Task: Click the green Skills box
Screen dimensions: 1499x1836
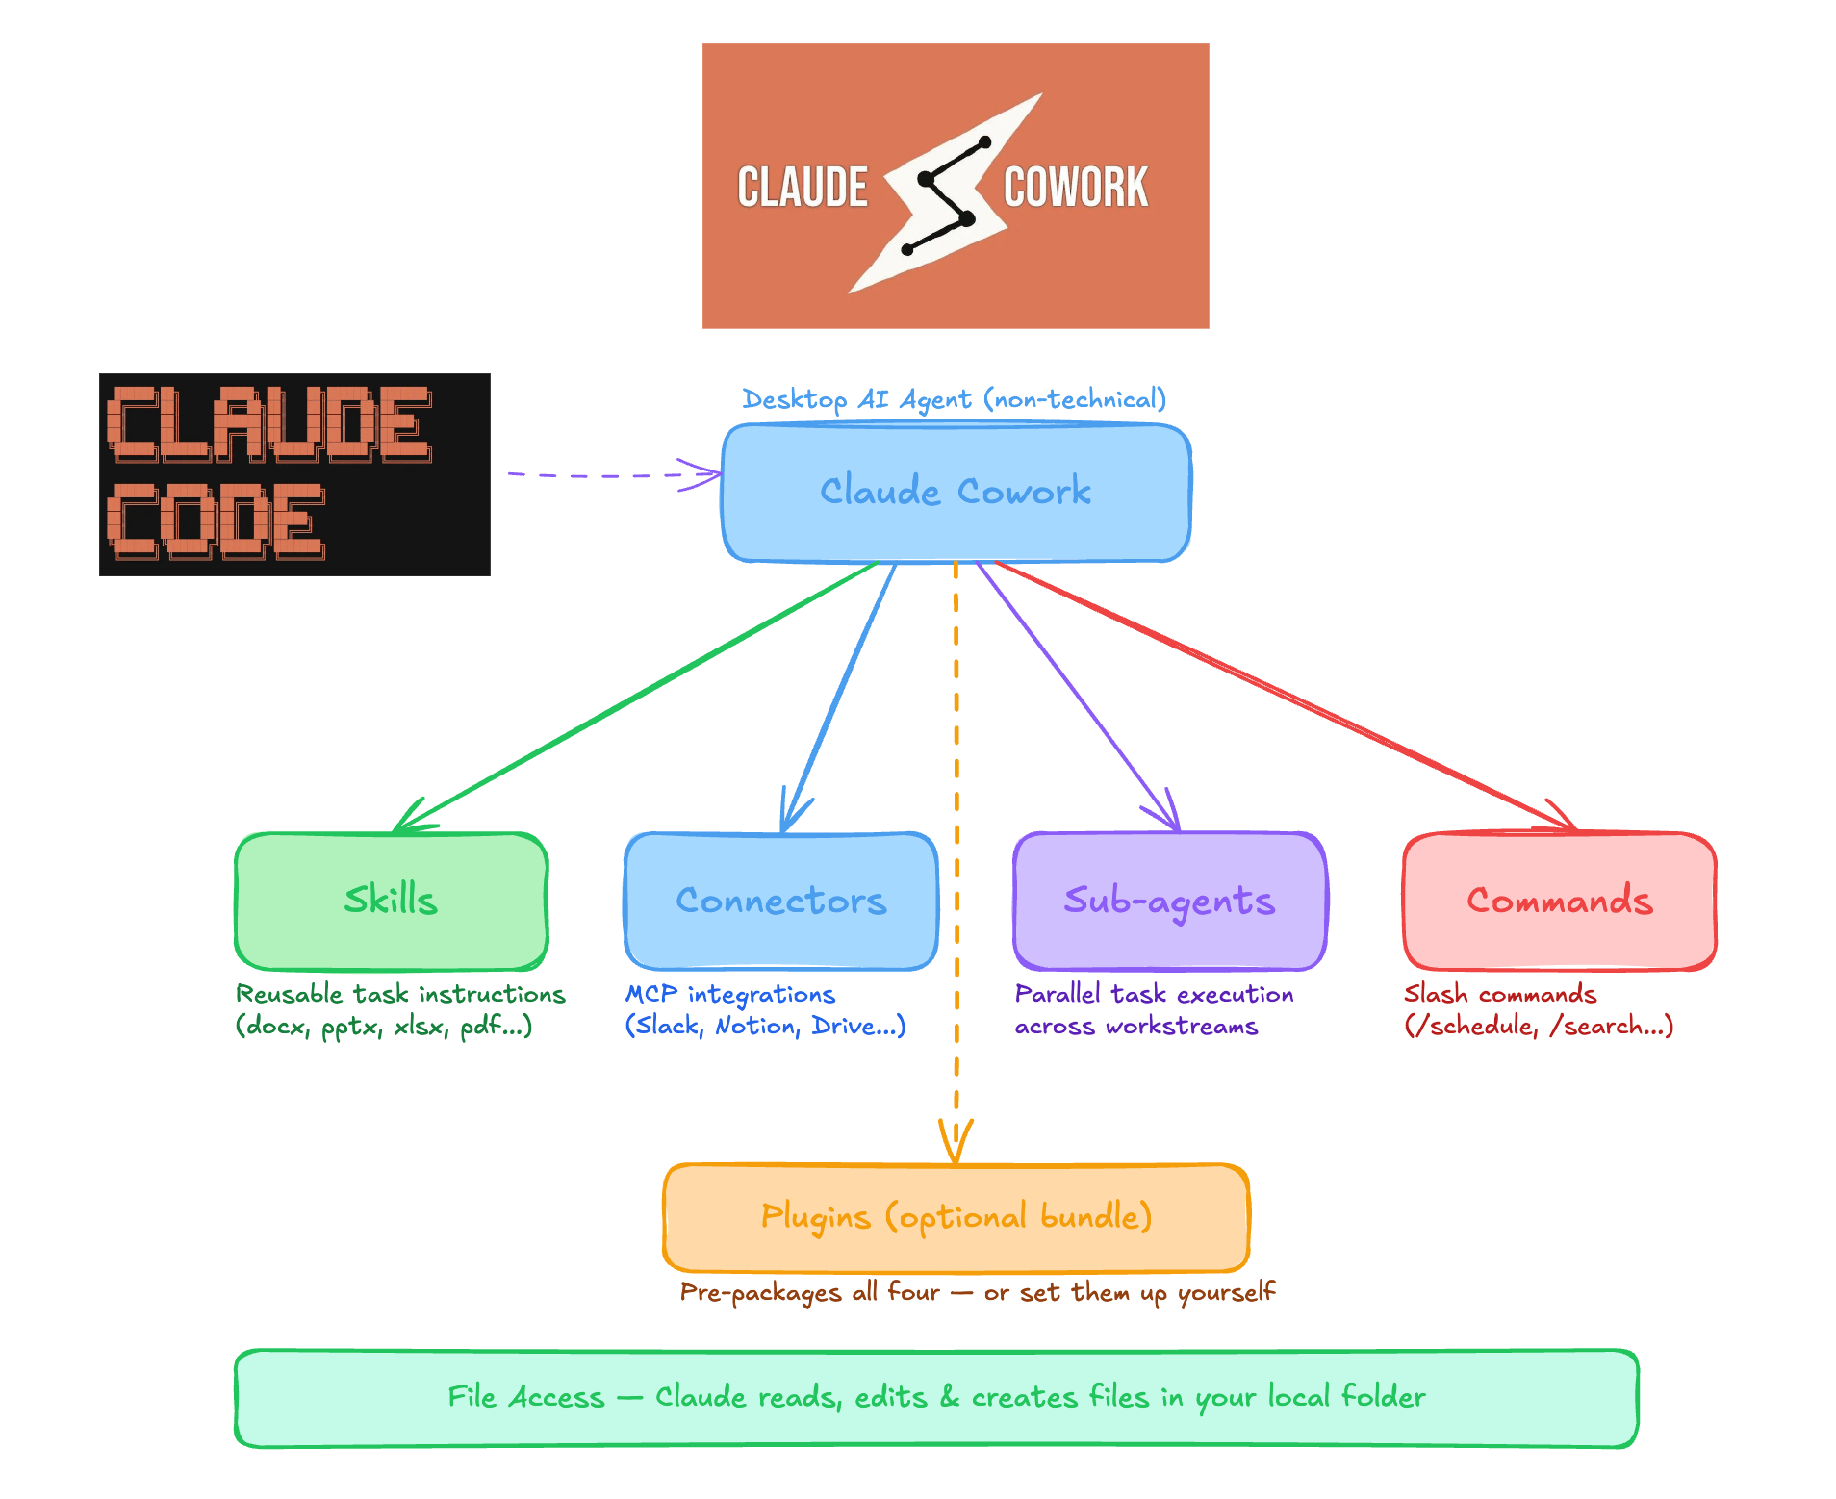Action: tap(392, 901)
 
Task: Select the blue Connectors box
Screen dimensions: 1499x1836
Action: tap(780, 901)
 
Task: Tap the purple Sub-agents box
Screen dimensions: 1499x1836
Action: tap(1169, 901)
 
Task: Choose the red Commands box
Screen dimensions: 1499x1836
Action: tap(1559, 901)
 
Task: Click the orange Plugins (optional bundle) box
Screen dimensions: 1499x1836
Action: tap(956, 1217)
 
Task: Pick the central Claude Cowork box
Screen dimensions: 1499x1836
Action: tap(956, 492)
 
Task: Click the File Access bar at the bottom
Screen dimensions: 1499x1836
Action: tap(936, 1397)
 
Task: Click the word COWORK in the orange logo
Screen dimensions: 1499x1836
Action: tap(1076, 187)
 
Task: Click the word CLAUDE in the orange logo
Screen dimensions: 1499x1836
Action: tap(803, 187)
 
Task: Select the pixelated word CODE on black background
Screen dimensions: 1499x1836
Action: tap(217, 521)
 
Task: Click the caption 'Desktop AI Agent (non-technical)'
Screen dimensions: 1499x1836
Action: tap(954, 398)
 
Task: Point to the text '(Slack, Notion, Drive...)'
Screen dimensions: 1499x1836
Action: tap(765, 1026)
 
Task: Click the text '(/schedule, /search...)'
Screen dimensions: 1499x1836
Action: tap(1539, 1026)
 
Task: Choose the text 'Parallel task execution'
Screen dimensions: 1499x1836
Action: tap(1154, 993)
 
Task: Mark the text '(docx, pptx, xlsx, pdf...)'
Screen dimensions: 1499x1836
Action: tap(384, 1026)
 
